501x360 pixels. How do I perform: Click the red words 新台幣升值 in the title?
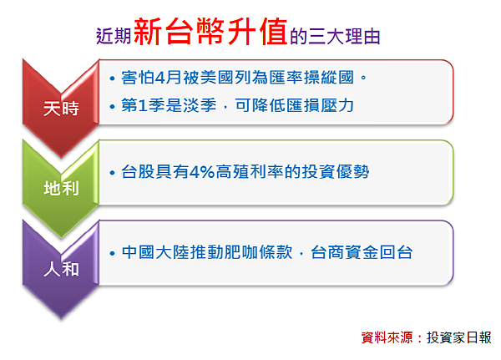tap(210, 32)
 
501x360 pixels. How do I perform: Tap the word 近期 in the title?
tap(114, 36)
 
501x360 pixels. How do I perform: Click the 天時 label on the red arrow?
tap(61, 109)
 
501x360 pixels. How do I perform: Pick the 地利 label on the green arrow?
tap(61, 188)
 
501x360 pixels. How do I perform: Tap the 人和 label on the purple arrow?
tap(61, 269)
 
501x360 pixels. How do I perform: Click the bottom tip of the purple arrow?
tap(61, 317)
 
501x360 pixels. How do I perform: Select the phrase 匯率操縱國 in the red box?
tap(311, 78)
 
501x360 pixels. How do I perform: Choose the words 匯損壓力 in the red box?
tap(320, 105)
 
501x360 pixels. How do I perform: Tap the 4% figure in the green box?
tap(202, 172)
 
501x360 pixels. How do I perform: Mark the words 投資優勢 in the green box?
tap(336, 172)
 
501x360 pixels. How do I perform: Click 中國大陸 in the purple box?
tap(155, 252)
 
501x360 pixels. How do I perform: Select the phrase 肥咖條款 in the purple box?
tap(259, 252)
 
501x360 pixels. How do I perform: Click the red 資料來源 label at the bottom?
tap(387, 337)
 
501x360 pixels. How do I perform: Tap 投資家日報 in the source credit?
tap(459, 337)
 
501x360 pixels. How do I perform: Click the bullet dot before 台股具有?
tap(112, 173)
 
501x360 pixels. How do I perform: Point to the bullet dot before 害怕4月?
tap(112, 79)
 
